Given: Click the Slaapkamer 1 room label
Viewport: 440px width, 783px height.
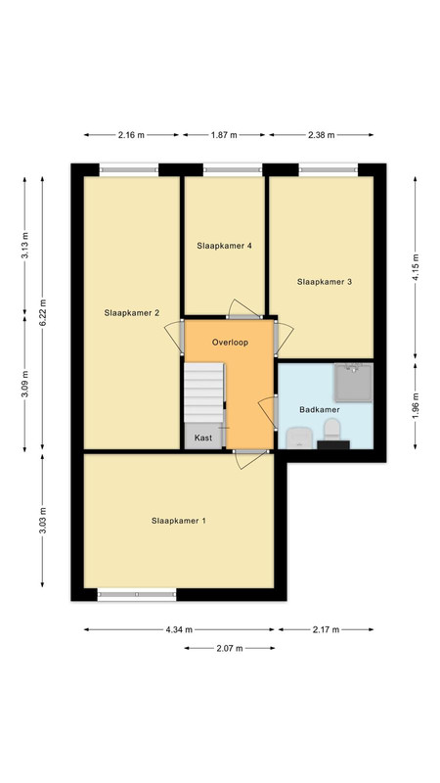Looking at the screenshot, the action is [x=179, y=521].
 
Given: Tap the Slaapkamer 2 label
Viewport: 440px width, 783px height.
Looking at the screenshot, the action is [x=132, y=313].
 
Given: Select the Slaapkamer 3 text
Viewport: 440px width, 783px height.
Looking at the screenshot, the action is [x=325, y=282].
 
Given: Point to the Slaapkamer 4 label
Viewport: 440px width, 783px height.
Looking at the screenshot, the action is [x=224, y=246].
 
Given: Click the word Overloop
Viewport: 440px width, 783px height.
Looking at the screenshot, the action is [x=230, y=343].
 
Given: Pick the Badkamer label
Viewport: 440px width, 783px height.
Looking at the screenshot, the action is [x=320, y=409].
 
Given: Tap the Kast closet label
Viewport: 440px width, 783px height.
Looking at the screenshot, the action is [x=203, y=438].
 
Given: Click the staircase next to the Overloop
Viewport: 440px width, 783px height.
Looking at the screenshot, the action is [x=204, y=392].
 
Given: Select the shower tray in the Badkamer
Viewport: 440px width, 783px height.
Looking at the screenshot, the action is [x=354, y=383].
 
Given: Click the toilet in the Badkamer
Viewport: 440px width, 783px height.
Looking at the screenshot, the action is [x=331, y=429].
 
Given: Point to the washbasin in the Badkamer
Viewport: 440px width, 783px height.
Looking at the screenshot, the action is [x=299, y=438].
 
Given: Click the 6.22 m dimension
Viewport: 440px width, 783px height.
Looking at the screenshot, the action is [x=43, y=313].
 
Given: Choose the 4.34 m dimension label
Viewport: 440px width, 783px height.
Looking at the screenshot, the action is [x=179, y=629].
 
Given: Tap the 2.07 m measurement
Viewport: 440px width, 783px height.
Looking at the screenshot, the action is [x=230, y=648].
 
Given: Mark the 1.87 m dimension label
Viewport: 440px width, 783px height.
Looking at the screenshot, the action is [x=224, y=135].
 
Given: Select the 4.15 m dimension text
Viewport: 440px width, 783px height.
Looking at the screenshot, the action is [x=415, y=267].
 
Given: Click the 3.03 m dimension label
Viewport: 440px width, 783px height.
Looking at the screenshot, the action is [x=43, y=521].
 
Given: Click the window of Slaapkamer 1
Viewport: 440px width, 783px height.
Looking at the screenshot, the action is [x=137, y=594].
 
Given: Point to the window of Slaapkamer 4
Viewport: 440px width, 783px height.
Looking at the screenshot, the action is [x=233, y=170].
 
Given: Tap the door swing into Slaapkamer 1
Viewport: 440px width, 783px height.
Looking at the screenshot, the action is [x=247, y=459].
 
